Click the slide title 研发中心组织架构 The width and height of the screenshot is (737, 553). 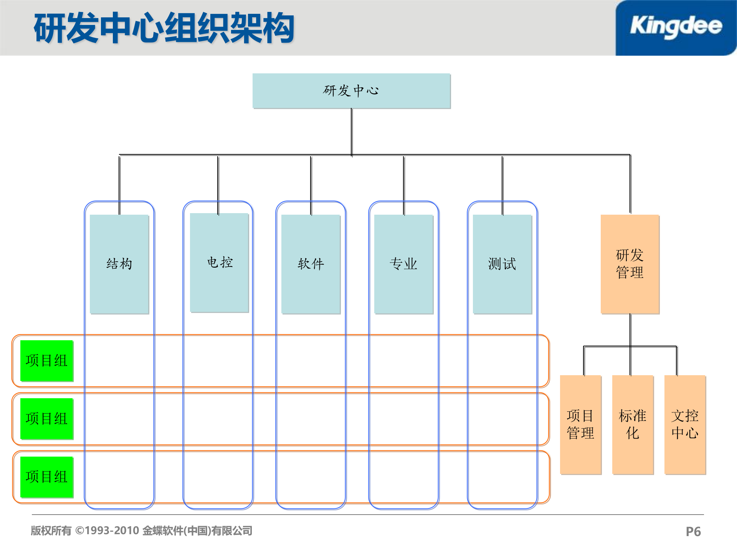(164, 28)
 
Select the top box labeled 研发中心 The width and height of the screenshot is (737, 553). (351, 91)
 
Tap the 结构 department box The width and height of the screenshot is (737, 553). (119, 264)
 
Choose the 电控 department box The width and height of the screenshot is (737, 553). (220, 263)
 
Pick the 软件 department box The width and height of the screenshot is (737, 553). (311, 264)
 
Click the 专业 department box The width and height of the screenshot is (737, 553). (403, 264)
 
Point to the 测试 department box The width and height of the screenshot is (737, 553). (502, 264)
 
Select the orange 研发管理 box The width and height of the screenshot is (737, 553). (630, 264)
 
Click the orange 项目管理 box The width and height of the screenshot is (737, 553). (580, 424)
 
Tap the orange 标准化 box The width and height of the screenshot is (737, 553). (633, 424)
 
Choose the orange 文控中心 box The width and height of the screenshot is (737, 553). (685, 424)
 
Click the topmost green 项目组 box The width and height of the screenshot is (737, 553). (46, 361)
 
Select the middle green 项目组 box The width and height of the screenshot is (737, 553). (46, 419)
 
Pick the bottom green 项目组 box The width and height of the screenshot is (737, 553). (46, 477)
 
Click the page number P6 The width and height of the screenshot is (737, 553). (693, 531)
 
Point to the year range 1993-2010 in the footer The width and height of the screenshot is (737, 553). (112, 531)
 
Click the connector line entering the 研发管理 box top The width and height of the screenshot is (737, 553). (630, 184)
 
